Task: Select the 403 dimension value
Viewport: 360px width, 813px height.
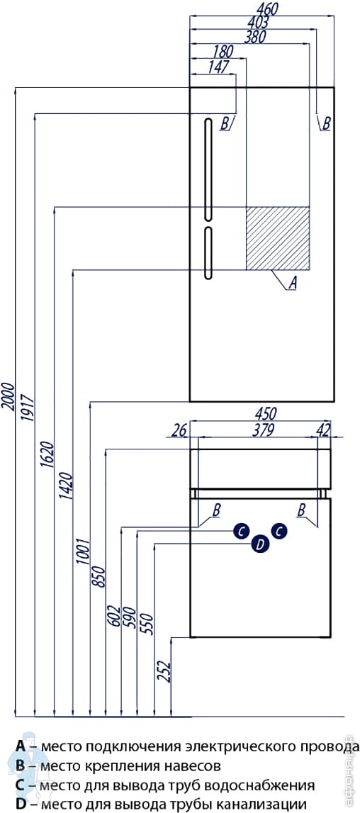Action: (258, 22)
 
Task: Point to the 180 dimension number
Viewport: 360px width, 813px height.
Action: (223, 51)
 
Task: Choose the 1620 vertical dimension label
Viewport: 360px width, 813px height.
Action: (47, 455)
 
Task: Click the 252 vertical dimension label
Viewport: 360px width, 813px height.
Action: (164, 673)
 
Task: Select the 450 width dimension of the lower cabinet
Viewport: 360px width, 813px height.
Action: (266, 414)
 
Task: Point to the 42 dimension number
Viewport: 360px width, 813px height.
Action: (324, 430)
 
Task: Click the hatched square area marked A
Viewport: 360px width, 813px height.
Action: (278, 238)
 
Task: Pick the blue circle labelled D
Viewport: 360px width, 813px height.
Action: (260, 544)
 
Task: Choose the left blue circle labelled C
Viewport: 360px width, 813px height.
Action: (241, 530)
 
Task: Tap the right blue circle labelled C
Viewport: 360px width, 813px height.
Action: (279, 530)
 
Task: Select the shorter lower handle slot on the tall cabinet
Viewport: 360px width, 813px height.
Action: (208, 254)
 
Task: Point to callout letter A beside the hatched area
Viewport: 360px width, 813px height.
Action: (293, 283)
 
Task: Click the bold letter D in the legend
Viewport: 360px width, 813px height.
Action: (21, 804)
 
